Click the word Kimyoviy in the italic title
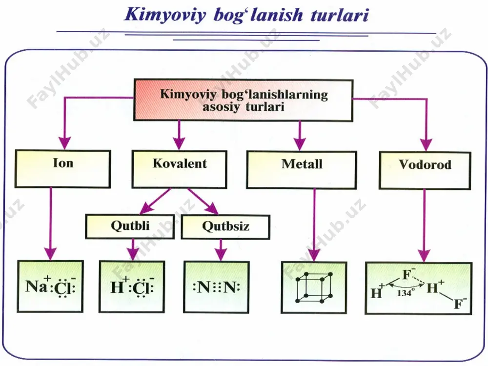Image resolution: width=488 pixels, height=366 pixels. [x=165, y=15]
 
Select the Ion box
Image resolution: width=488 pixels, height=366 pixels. [x=63, y=169]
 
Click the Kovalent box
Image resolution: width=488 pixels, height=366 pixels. [x=179, y=169]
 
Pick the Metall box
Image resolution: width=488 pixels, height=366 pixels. [x=302, y=170]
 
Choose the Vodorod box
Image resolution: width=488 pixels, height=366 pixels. [x=425, y=170]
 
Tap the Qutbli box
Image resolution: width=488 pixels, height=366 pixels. [x=130, y=226]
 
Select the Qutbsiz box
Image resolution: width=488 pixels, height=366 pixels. [x=225, y=227]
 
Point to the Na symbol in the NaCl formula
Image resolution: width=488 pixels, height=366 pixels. [x=36, y=286]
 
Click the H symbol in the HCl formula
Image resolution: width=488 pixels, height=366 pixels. [x=117, y=287]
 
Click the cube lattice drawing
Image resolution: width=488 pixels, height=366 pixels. [x=314, y=287]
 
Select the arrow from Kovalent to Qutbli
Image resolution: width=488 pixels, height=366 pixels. [x=155, y=201]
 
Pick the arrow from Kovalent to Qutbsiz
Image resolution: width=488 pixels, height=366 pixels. [x=203, y=202]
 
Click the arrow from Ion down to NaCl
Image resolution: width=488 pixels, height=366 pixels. [x=50, y=224]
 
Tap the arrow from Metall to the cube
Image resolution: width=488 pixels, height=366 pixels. [x=314, y=224]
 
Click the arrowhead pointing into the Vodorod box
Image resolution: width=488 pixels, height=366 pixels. [x=426, y=145]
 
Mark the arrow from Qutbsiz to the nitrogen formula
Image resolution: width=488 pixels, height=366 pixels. [x=221, y=250]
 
